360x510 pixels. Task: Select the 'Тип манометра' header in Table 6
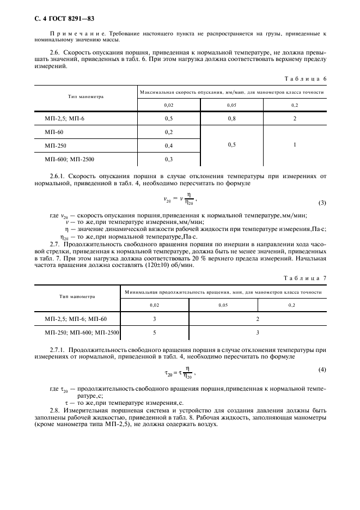point(86,96)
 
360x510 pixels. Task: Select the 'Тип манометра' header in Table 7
point(77,296)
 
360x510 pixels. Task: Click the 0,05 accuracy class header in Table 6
point(231,105)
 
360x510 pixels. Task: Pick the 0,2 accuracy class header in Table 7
point(292,306)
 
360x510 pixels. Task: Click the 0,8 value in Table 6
point(231,118)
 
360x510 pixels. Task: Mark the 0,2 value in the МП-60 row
point(169,132)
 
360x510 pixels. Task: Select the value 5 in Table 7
point(155,331)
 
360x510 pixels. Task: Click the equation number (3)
point(322,203)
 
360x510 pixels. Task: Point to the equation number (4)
point(322,371)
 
